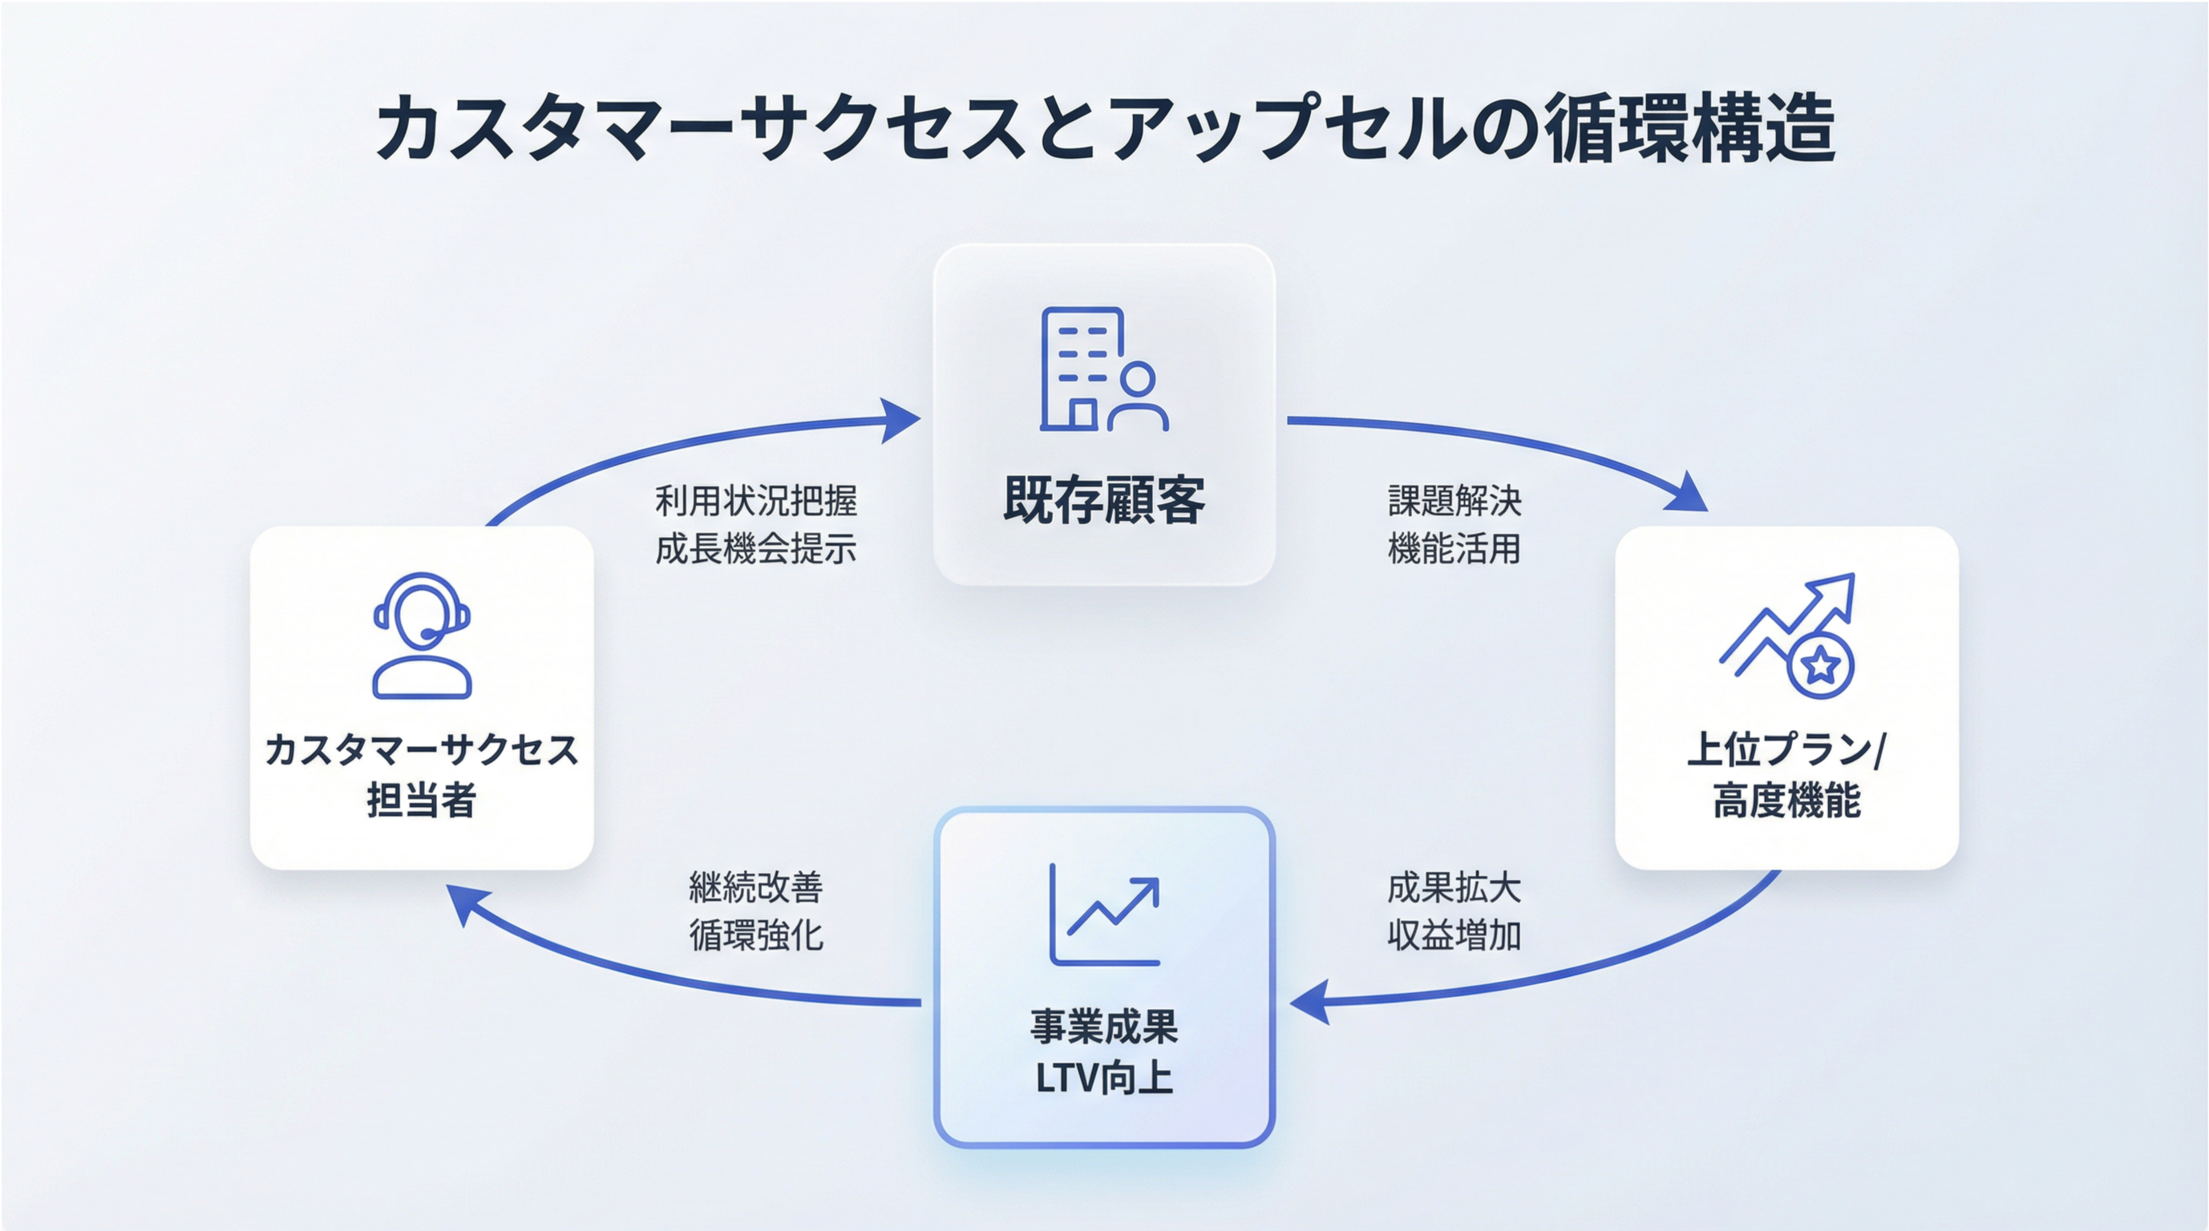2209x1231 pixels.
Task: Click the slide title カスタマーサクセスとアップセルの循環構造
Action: [x=1105, y=128]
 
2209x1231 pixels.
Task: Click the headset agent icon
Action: [x=422, y=636]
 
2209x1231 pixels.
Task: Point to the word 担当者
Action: [x=422, y=801]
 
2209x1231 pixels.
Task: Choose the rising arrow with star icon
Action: [x=1789, y=635]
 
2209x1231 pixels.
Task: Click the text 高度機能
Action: [x=1787, y=801]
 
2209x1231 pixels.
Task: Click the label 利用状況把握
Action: [x=755, y=501]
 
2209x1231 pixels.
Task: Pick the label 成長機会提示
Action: [x=755, y=549]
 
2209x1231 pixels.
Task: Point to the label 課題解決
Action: [x=1454, y=501]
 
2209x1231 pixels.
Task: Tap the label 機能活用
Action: [x=1454, y=549]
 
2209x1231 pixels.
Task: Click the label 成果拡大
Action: [x=1454, y=888]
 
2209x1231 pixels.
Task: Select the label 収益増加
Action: [x=1454, y=935]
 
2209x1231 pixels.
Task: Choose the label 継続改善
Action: [x=755, y=888]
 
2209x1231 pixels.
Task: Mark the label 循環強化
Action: [x=755, y=935]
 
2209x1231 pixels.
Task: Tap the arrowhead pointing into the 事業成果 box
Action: [x=1309, y=1001]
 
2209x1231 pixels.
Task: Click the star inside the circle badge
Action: [x=1822, y=665]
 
